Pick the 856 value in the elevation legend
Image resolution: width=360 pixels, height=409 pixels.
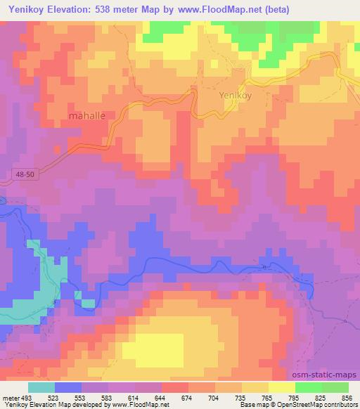tap(347, 398)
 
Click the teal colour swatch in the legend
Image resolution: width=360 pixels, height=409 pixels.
tap(42, 387)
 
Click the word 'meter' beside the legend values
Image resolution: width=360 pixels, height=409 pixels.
tap(10, 398)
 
